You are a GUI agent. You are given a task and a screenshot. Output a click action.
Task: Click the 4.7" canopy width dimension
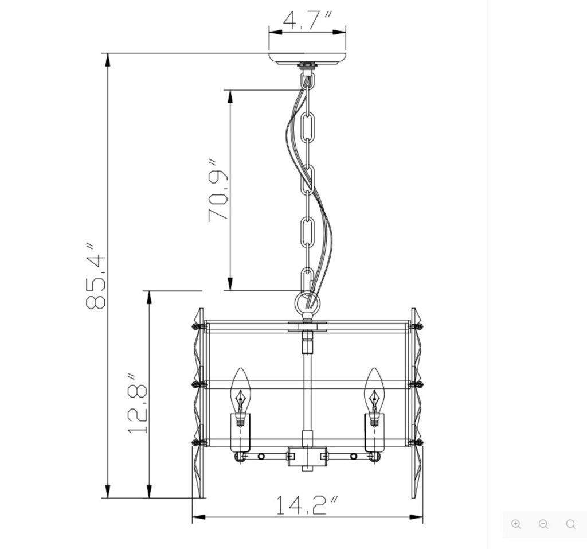[x=307, y=21]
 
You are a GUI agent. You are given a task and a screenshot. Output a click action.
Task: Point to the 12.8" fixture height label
[x=138, y=403]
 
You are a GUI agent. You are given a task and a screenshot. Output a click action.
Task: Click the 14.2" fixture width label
[x=307, y=505]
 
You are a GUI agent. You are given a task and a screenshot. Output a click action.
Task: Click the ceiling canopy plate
[x=307, y=58]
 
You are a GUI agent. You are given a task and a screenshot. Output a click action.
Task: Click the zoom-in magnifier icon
[x=516, y=524]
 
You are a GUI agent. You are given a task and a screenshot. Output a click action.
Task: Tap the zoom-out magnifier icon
[x=543, y=524]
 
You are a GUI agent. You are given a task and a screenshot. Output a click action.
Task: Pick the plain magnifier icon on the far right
[x=570, y=524]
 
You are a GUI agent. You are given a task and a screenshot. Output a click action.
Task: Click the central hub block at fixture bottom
[x=307, y=456]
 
